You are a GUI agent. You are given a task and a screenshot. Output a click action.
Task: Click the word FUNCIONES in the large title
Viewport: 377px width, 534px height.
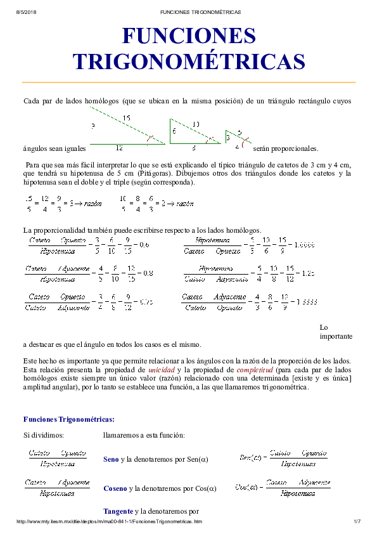click(x=189, y=36)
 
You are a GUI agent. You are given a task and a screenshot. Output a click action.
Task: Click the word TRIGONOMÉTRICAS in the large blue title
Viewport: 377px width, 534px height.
click(x=189, y=62)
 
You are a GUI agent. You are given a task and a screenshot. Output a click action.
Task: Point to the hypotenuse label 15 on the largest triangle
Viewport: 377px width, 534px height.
click(x=127, y=118)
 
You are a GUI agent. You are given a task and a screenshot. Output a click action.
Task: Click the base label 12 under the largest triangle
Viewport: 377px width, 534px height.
click(x=119, y=147)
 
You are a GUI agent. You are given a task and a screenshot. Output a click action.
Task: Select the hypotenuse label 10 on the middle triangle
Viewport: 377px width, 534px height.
click(x=196, y=124)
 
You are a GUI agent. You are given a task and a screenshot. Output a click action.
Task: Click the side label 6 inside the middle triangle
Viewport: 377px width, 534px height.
click(x=174, y=132)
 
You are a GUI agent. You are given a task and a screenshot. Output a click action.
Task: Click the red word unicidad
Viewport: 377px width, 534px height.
click(x=162, y=369)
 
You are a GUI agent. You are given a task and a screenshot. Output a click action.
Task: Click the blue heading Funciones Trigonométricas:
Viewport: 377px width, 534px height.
click(x=69, y=419)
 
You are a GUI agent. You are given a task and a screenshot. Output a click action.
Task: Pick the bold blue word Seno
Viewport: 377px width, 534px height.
click(x=112, y=459)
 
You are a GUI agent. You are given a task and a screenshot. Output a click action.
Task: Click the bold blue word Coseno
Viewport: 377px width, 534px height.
click(x=115, y=488)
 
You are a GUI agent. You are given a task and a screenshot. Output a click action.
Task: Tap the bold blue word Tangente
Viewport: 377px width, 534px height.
click(x=118, y=511)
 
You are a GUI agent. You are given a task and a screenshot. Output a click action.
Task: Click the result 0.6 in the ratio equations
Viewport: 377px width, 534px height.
click(x=144, y=245)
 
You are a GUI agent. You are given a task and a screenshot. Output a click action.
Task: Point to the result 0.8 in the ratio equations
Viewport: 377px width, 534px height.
click(x=147, y=273)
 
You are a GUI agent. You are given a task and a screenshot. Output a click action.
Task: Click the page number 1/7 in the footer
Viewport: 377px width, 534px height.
click(x=356, y=521)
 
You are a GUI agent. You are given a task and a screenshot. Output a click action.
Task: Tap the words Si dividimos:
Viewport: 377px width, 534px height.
click(x=44, y=435)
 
